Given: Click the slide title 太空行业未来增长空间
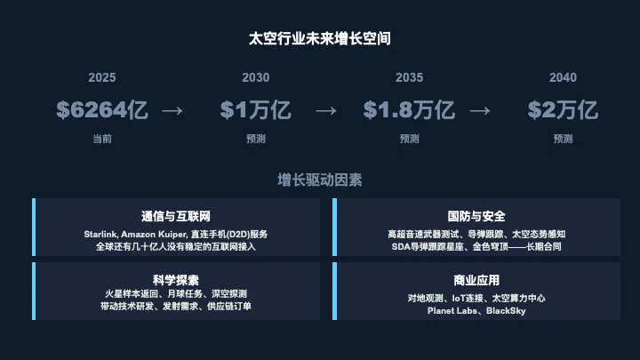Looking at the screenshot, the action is click(x=320, y=39).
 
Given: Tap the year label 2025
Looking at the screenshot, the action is click(x=102, y=77).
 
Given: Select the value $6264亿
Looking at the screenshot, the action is click(x=102, y=110).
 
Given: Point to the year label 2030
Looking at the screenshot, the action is click(x=256, y=77).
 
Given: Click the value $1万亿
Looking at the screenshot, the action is click(x=256, y=110).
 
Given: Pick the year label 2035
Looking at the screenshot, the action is click(x=409, y=77).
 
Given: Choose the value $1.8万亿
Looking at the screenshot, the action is click(x=409, y=110).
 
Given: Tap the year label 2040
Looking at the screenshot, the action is click(x=563, y=77).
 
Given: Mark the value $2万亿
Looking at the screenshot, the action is click(x=563, y=110).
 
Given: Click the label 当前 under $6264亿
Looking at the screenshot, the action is click(x=102, y=139).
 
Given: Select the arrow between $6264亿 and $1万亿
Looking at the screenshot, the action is click(x=172, y=110).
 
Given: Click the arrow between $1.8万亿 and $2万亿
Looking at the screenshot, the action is click(x=480, y=110).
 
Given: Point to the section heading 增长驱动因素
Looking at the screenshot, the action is click(x=320, y=180).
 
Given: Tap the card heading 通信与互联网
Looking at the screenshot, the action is click(x=175, y=216).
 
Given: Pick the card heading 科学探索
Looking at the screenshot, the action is click(x=175, y=278).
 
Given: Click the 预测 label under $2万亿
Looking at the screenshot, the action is click(x=563, y=139).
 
